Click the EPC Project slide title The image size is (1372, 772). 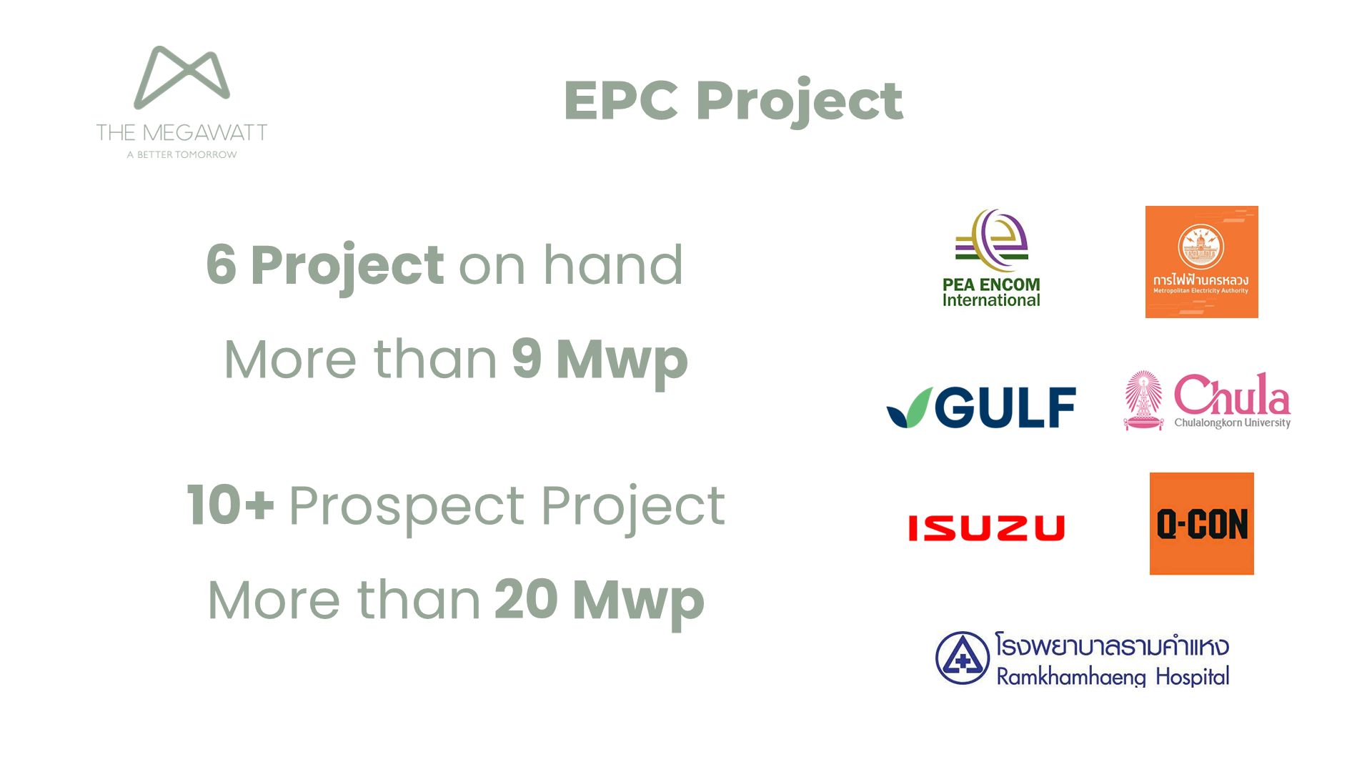coord(733,102)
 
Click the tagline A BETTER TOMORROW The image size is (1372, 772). coord(182,154)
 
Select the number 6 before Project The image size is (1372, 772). coord(222,264)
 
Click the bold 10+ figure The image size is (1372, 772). coord(230,505)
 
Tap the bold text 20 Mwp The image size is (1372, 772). coord(599,600)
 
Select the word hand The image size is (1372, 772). coord(613,264)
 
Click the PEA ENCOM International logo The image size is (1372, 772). coord(991,258)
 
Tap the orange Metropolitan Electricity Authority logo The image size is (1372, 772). coord(1201,262)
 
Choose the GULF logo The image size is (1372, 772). coord(981,407)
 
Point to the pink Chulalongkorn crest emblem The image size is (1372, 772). coord(1143,400)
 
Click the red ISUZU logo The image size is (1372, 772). coord(986,528)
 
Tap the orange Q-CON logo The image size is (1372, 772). coord(1201,523)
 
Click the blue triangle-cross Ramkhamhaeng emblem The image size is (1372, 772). coord(963,658)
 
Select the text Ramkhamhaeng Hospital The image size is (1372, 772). coord(1113,677)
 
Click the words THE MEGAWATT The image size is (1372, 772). coord(182,133)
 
